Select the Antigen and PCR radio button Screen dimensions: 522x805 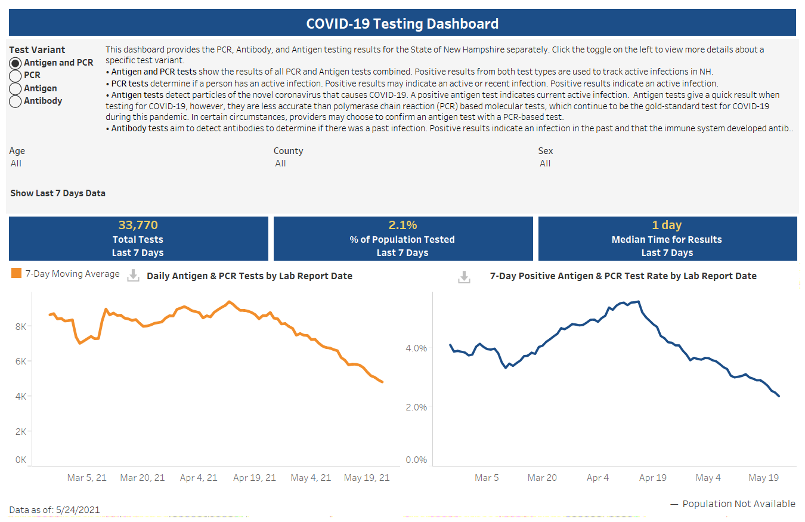16,63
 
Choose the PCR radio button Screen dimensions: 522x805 16,76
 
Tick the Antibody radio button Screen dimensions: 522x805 16,101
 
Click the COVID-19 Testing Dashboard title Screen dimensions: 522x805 402,24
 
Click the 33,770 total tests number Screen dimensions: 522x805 138,225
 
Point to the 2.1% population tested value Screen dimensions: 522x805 402,225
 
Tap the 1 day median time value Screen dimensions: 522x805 667,225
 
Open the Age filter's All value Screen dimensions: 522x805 16,163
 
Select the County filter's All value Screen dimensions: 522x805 281,163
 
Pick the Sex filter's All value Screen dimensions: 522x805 545,163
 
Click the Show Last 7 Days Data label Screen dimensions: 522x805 58,193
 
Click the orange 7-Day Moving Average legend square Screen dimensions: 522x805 16,274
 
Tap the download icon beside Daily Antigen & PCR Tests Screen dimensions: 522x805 134,275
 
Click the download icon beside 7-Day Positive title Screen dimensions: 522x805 464,277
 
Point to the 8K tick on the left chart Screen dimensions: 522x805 20,327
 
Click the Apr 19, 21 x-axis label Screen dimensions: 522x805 255,478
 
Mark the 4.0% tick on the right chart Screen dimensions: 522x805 416,348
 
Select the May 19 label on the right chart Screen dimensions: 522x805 764,478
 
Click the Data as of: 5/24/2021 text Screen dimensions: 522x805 54,510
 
